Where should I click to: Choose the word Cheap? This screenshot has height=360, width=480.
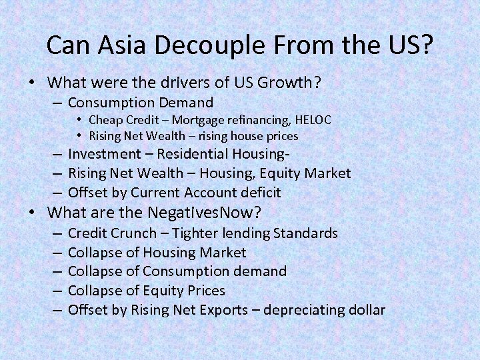[105, 120]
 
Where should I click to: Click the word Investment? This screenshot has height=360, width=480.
[105, 154]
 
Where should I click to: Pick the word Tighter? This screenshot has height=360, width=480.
[198, 233]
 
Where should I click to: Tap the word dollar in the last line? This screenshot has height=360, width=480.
[365, 310]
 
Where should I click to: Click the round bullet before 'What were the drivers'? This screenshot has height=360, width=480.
[32, 84]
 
